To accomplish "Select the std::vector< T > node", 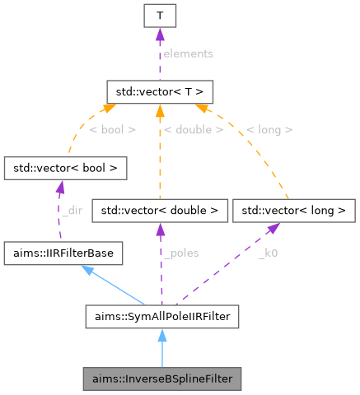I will pos(160,88).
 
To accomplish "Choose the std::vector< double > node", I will pos(160,211).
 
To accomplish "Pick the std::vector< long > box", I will pos(293,211).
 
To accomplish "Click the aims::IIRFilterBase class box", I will pos(63,253).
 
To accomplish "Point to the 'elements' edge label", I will pos(188,53).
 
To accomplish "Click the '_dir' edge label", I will pos(72,211).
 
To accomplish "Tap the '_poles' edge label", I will pos(180,254).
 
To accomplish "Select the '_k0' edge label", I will pos(268,254).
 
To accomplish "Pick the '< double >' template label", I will pos(193,129).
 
